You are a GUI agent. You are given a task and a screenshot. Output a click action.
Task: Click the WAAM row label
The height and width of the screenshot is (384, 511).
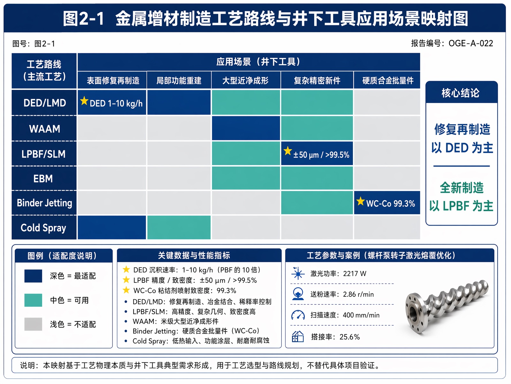coord(44,129)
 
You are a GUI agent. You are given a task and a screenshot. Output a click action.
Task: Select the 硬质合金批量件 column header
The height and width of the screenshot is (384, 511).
coord(388,80)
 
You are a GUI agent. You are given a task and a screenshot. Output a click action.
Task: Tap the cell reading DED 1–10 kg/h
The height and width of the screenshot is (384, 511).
coord(112,103)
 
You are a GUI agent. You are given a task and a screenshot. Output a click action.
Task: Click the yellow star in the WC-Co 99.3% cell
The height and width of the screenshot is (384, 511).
coord(360,201)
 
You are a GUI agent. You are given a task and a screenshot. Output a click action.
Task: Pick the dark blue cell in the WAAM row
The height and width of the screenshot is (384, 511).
coord(246,128)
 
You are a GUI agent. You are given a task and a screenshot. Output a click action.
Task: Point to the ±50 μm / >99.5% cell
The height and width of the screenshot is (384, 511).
coord(317,153)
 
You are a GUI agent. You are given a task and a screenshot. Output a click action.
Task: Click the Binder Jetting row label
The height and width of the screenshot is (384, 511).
coord(44,203)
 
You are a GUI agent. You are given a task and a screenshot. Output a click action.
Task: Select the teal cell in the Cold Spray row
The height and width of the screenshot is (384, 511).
coord(179,227)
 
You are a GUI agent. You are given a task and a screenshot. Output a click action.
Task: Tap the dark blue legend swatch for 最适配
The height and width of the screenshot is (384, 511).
coord(33,276)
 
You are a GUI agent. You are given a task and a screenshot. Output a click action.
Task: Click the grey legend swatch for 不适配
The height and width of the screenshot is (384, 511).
coord(33,324)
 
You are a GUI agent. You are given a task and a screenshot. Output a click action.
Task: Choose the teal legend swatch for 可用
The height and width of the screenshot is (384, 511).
coord(33,300)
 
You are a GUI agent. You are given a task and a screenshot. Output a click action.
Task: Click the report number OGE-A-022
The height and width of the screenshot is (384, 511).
coord(471,44)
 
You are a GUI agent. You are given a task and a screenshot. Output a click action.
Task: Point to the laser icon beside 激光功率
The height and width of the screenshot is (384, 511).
coord(298,273)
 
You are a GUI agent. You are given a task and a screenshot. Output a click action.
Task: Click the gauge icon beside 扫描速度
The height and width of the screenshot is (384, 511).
coord(298,315)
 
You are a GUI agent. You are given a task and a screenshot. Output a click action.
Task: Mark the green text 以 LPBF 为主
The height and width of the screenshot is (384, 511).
coord(461,206)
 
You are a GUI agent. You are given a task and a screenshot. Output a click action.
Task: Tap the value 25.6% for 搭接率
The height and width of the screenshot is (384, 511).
coord(349,337)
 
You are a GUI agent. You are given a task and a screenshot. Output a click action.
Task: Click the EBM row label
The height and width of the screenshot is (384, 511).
coord(43,179)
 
